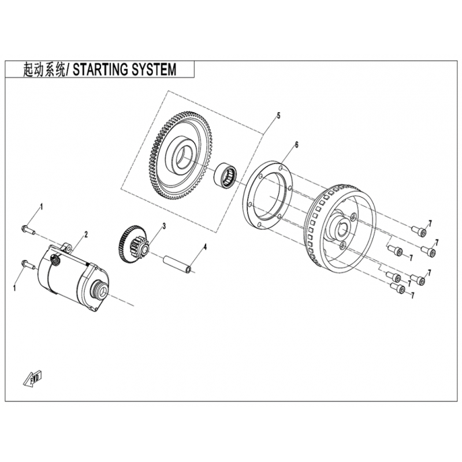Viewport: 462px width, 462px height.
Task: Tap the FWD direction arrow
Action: (x=33, y=378)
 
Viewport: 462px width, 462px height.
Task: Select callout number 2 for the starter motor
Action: (x=86, y=234)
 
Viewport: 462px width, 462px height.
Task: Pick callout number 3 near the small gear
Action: (x=164, y=226)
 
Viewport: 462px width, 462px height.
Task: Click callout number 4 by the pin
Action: (x=205, y=247)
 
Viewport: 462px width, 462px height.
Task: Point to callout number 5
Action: (x=278, y=115)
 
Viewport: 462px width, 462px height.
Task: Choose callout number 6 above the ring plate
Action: (x=296, y=145)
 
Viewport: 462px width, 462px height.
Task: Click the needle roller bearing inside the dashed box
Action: (x=225, y=176)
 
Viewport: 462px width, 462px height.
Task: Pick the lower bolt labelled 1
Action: (x=28, y=264)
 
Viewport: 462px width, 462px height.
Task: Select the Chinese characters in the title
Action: (x=44, y=70)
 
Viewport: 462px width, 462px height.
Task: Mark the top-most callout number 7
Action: (x=430, y=223)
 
